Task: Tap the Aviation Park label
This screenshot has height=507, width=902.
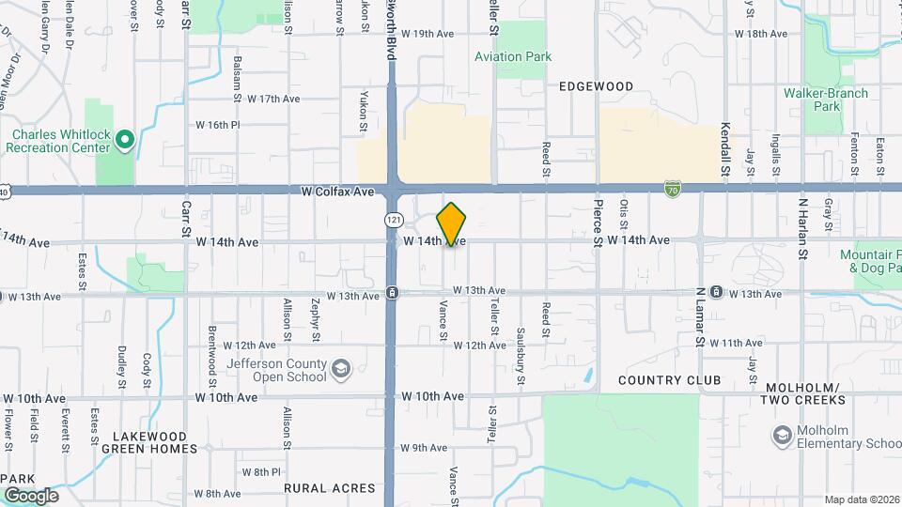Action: [x=512, y=56]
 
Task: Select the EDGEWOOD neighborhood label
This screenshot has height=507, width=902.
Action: [x=596, y=86]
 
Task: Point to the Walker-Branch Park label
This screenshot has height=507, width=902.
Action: [x=826, y=100]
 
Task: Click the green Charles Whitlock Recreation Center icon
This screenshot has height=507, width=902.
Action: [x=124, y=141]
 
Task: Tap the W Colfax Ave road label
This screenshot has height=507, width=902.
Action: [x=337, y=191]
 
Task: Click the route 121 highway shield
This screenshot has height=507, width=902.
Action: [x=394, y=220]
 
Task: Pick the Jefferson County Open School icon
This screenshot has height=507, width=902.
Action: [x=340, y=367]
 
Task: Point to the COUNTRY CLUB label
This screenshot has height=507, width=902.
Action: [x=670, y=380]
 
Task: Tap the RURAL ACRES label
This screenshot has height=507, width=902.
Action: [x=329, y=488]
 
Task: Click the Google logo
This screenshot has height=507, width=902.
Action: [x=30, y=495]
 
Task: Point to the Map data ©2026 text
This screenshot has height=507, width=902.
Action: [x=861, y=499]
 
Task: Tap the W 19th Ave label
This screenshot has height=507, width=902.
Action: [x=427, y=34]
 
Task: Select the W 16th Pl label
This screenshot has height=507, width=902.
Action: [x=218, y=125]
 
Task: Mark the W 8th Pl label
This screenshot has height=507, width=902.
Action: [x=261, y=471]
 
